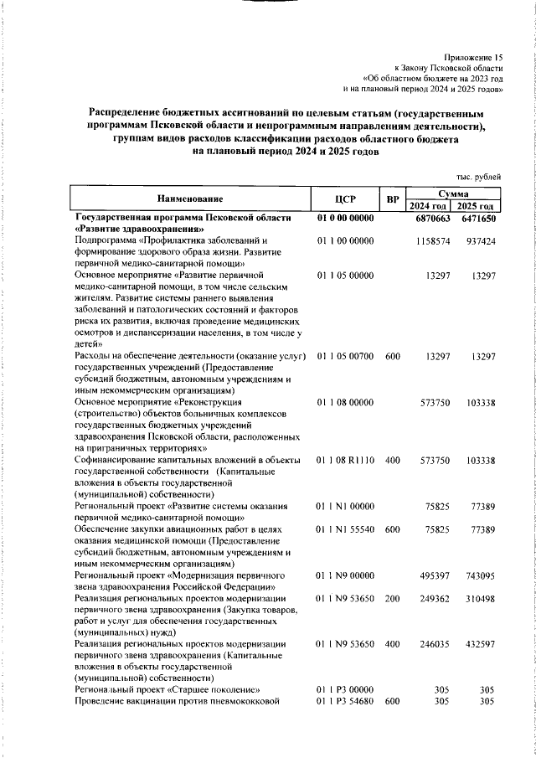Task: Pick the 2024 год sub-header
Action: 429,206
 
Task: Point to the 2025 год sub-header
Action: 479,206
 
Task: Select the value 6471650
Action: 479,219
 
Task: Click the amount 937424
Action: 482,241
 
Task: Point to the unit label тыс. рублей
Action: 478,177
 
